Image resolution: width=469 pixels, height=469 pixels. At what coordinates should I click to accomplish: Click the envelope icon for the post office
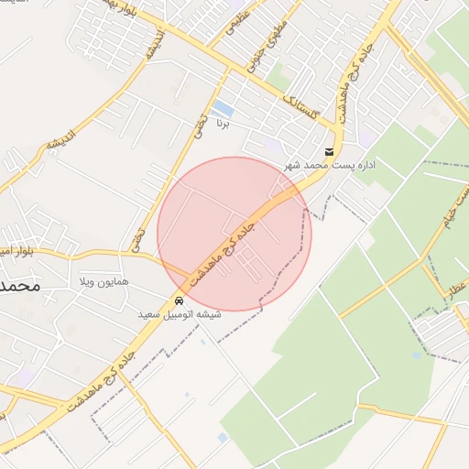[x=329, y=152]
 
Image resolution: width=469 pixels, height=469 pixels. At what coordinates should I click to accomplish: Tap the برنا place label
[x=221, y=123]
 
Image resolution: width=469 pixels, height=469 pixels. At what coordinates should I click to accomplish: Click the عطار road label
[x=457, y=288]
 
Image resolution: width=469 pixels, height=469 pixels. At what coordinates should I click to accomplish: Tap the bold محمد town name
[x=18, y=286]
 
